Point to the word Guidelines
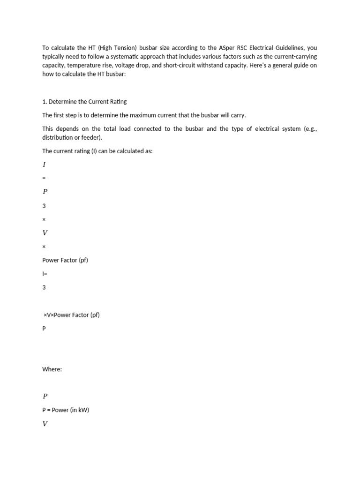pyautogui.click(x=290, y=48)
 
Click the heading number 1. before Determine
pyautogui.click(x=45, y=102)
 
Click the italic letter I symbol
pyautogui.click(x=44, y=165)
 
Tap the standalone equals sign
pyautogui.click(x=44, y=179)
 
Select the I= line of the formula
pyautogui.click(x=45, y=274)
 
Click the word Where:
pyautogui.click(x=52, y=369)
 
